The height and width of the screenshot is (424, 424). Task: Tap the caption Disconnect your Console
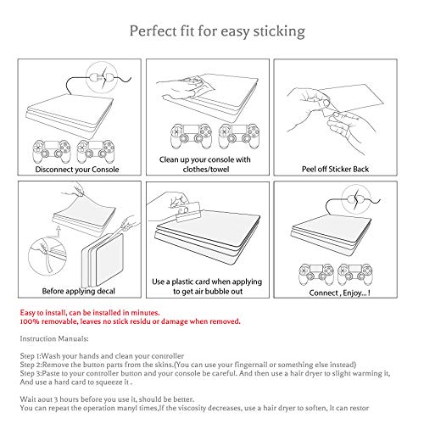click(x=77, y=170)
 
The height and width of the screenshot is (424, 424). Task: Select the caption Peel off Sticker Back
click(x=335, y=169)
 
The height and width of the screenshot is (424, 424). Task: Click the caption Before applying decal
click(x=79, y=291)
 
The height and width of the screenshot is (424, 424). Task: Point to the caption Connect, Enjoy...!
click(x=339, y=293)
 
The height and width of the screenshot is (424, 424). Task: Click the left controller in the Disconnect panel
click(x=52, y=151)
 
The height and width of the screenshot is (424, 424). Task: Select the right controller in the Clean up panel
click(x=239, y=137)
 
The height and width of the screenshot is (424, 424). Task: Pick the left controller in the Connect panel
click(x=316, y=274)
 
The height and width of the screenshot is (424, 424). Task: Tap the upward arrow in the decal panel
click(x=59, y=232)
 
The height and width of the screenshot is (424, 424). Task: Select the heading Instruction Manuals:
click(x=54, y=338)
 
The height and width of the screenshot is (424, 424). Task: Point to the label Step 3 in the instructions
click(x=31, y=373)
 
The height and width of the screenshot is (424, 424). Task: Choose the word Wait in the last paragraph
click(x=27, y=399)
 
